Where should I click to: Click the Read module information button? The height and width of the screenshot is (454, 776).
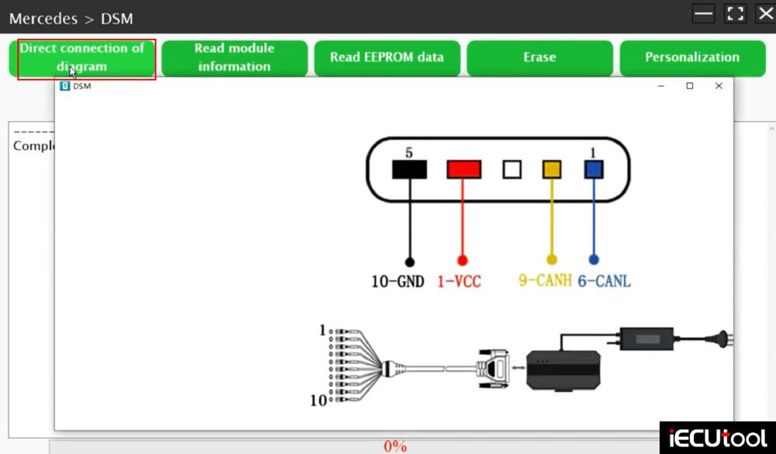point(234,57)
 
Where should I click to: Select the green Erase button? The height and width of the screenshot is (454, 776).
point(539,57)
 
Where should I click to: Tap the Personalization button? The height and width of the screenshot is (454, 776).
point(692,57)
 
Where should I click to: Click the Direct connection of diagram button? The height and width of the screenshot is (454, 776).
point(82,57)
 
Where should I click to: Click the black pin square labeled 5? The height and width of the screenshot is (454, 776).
point(409,169)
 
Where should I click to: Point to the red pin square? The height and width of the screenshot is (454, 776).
point(463,169)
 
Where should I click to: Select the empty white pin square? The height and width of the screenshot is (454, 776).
point(511,169)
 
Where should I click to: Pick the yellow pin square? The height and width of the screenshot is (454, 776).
point(552,169)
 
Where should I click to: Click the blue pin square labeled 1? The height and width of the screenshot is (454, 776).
point(594,169)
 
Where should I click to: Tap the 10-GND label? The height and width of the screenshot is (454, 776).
point(397,281)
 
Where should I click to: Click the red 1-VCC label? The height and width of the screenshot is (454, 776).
point(459,281)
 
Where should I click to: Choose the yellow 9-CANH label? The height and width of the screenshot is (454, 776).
point(545,281)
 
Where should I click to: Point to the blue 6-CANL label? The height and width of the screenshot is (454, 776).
point(604,281)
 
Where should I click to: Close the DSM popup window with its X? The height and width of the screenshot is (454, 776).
point(719,86)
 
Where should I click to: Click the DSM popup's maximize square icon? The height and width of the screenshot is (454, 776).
point(689,86)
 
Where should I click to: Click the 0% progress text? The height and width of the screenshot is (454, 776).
point(395,446)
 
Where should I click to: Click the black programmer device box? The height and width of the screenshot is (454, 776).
point(563,369)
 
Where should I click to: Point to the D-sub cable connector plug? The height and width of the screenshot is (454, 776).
point(493,366)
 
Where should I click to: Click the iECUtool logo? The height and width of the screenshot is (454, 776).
point(717,437)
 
